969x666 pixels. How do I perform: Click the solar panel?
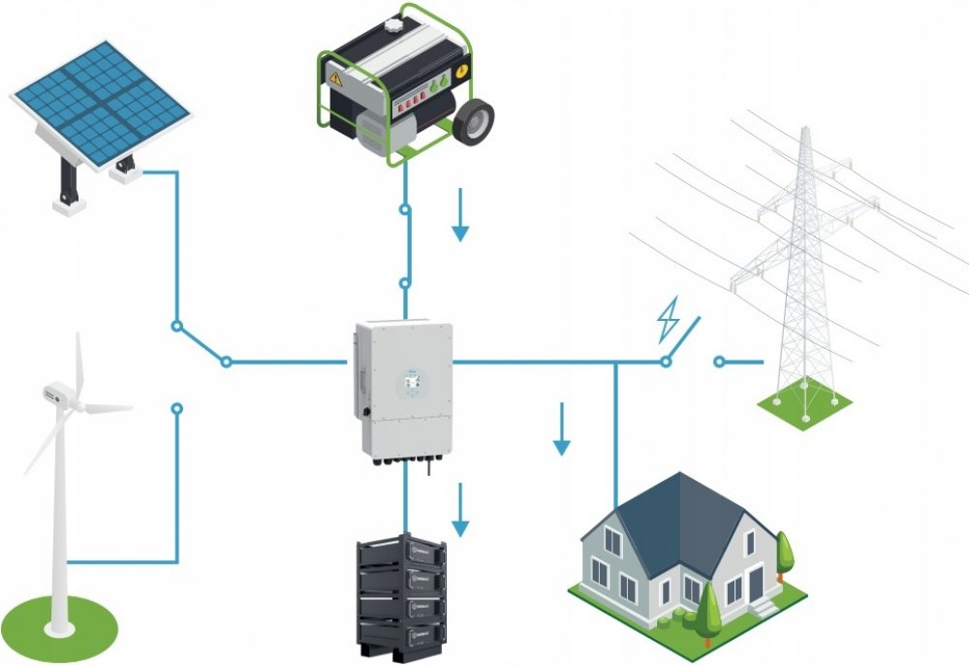tap(99, 101)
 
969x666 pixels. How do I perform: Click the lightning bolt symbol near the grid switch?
tap(669, 320)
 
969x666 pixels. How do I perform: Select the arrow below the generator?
tap(460, 225)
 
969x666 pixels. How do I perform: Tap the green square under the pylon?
tap(804, 408)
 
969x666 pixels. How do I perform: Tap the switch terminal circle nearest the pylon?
tap(718, 362)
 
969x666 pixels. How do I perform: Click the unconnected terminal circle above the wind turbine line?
tap(176, 409)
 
